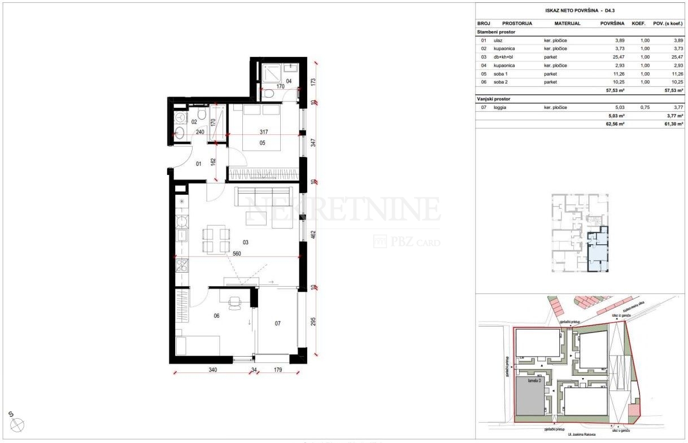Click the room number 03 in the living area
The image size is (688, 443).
pos(246,242)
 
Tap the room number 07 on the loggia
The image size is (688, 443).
pos(277,323)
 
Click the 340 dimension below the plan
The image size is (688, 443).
pos(212,370)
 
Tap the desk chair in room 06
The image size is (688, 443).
pos(234,304)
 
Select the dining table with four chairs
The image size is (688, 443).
pos(216,239)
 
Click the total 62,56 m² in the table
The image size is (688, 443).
pos(615,123)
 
